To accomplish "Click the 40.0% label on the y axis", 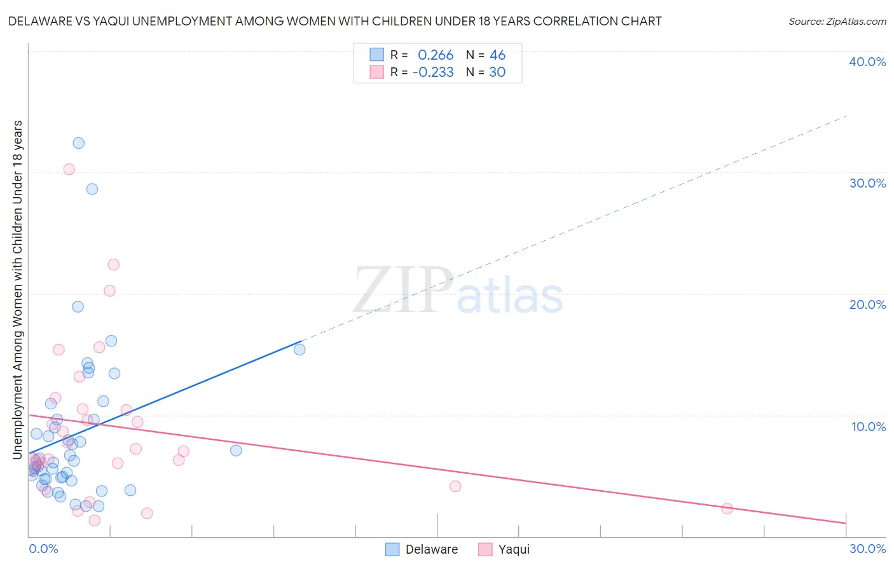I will point(867,62).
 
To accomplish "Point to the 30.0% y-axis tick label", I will point(867,183).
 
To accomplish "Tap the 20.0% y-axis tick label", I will point(867,304).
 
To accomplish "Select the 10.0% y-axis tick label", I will point(869,427).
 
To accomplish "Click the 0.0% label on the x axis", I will point(43,549).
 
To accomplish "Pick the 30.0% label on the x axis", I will point(867,549).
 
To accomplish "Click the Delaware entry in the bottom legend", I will point(431,550).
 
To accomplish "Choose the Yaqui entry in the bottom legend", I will point(514,550).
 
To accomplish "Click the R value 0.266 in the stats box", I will point(436,55).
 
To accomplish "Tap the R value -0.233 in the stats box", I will point(433,72).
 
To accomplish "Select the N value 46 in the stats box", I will point(497,55).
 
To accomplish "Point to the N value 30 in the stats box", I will point(497,72).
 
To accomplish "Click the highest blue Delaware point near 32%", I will point(79,143).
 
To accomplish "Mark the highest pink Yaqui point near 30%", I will point(69,169).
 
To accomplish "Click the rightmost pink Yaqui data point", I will point(727,509).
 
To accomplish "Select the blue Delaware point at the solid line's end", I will point(299,350).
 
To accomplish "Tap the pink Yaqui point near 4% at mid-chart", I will point(455,486).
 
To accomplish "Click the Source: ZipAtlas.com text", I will point(837,22).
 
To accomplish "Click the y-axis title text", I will point(18,289).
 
